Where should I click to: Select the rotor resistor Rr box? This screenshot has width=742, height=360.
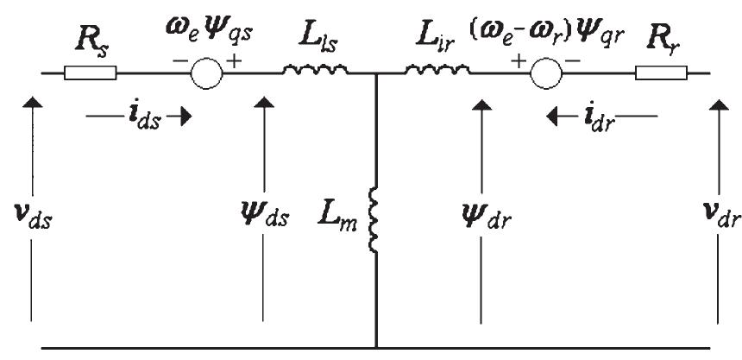658,73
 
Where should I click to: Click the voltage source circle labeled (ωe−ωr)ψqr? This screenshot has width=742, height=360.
545,73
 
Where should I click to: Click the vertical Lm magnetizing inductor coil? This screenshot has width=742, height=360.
375,220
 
